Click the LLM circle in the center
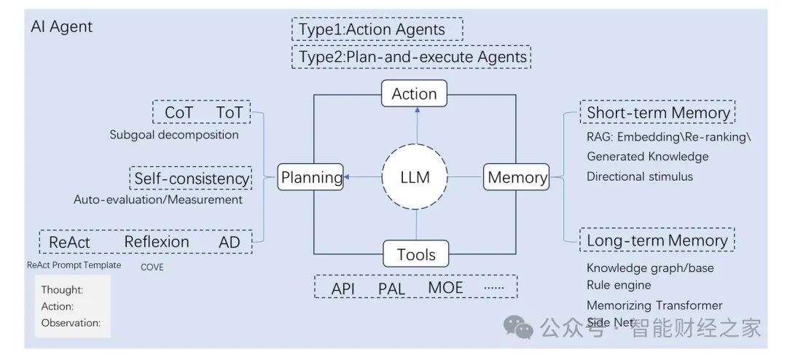click(x=415, y=176)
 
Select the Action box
click(x=414, y=93)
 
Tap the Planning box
click(x=311, y=177)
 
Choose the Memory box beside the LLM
click(x=517, y=177)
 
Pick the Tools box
click(x=416, y=254)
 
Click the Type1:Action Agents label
click(x=377, y=30)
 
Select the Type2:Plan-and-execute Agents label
click(x=411, y=56)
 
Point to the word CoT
click(x=179, y=113)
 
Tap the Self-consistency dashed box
click(x=191, y=178)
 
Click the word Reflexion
click(x=157, y=242)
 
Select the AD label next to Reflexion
click(x=230, y=242)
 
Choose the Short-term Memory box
click(x=658, y=113)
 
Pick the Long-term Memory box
click(x=657, y=240)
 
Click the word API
click(x=343, y=288)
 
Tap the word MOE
click(x=445, y=287)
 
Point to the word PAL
click(x=391, y=288)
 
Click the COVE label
click(x=152, y=267)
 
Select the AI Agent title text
click(x=62, y=27)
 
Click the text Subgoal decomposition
click(x=174, y=135)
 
